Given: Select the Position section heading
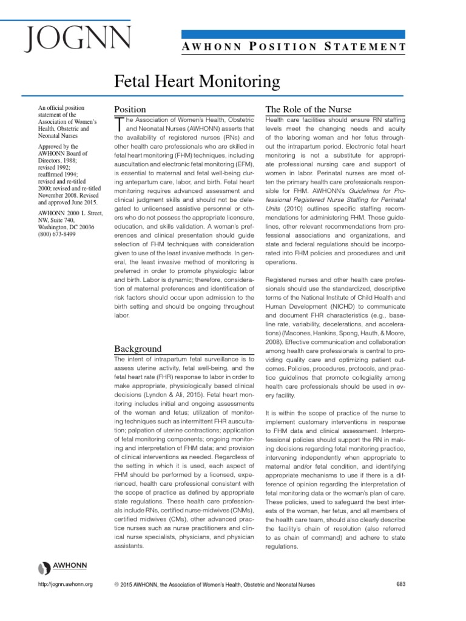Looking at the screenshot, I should [x=130, y=109].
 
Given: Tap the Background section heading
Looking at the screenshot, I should [x=138, y=349].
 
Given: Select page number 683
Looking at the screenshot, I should [x=400, y=584].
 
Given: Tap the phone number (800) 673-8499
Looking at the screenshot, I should [x=56, y=234].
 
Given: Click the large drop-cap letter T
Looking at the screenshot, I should [x=119, y=125].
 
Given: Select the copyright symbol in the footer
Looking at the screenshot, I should [x=116, y=585].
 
